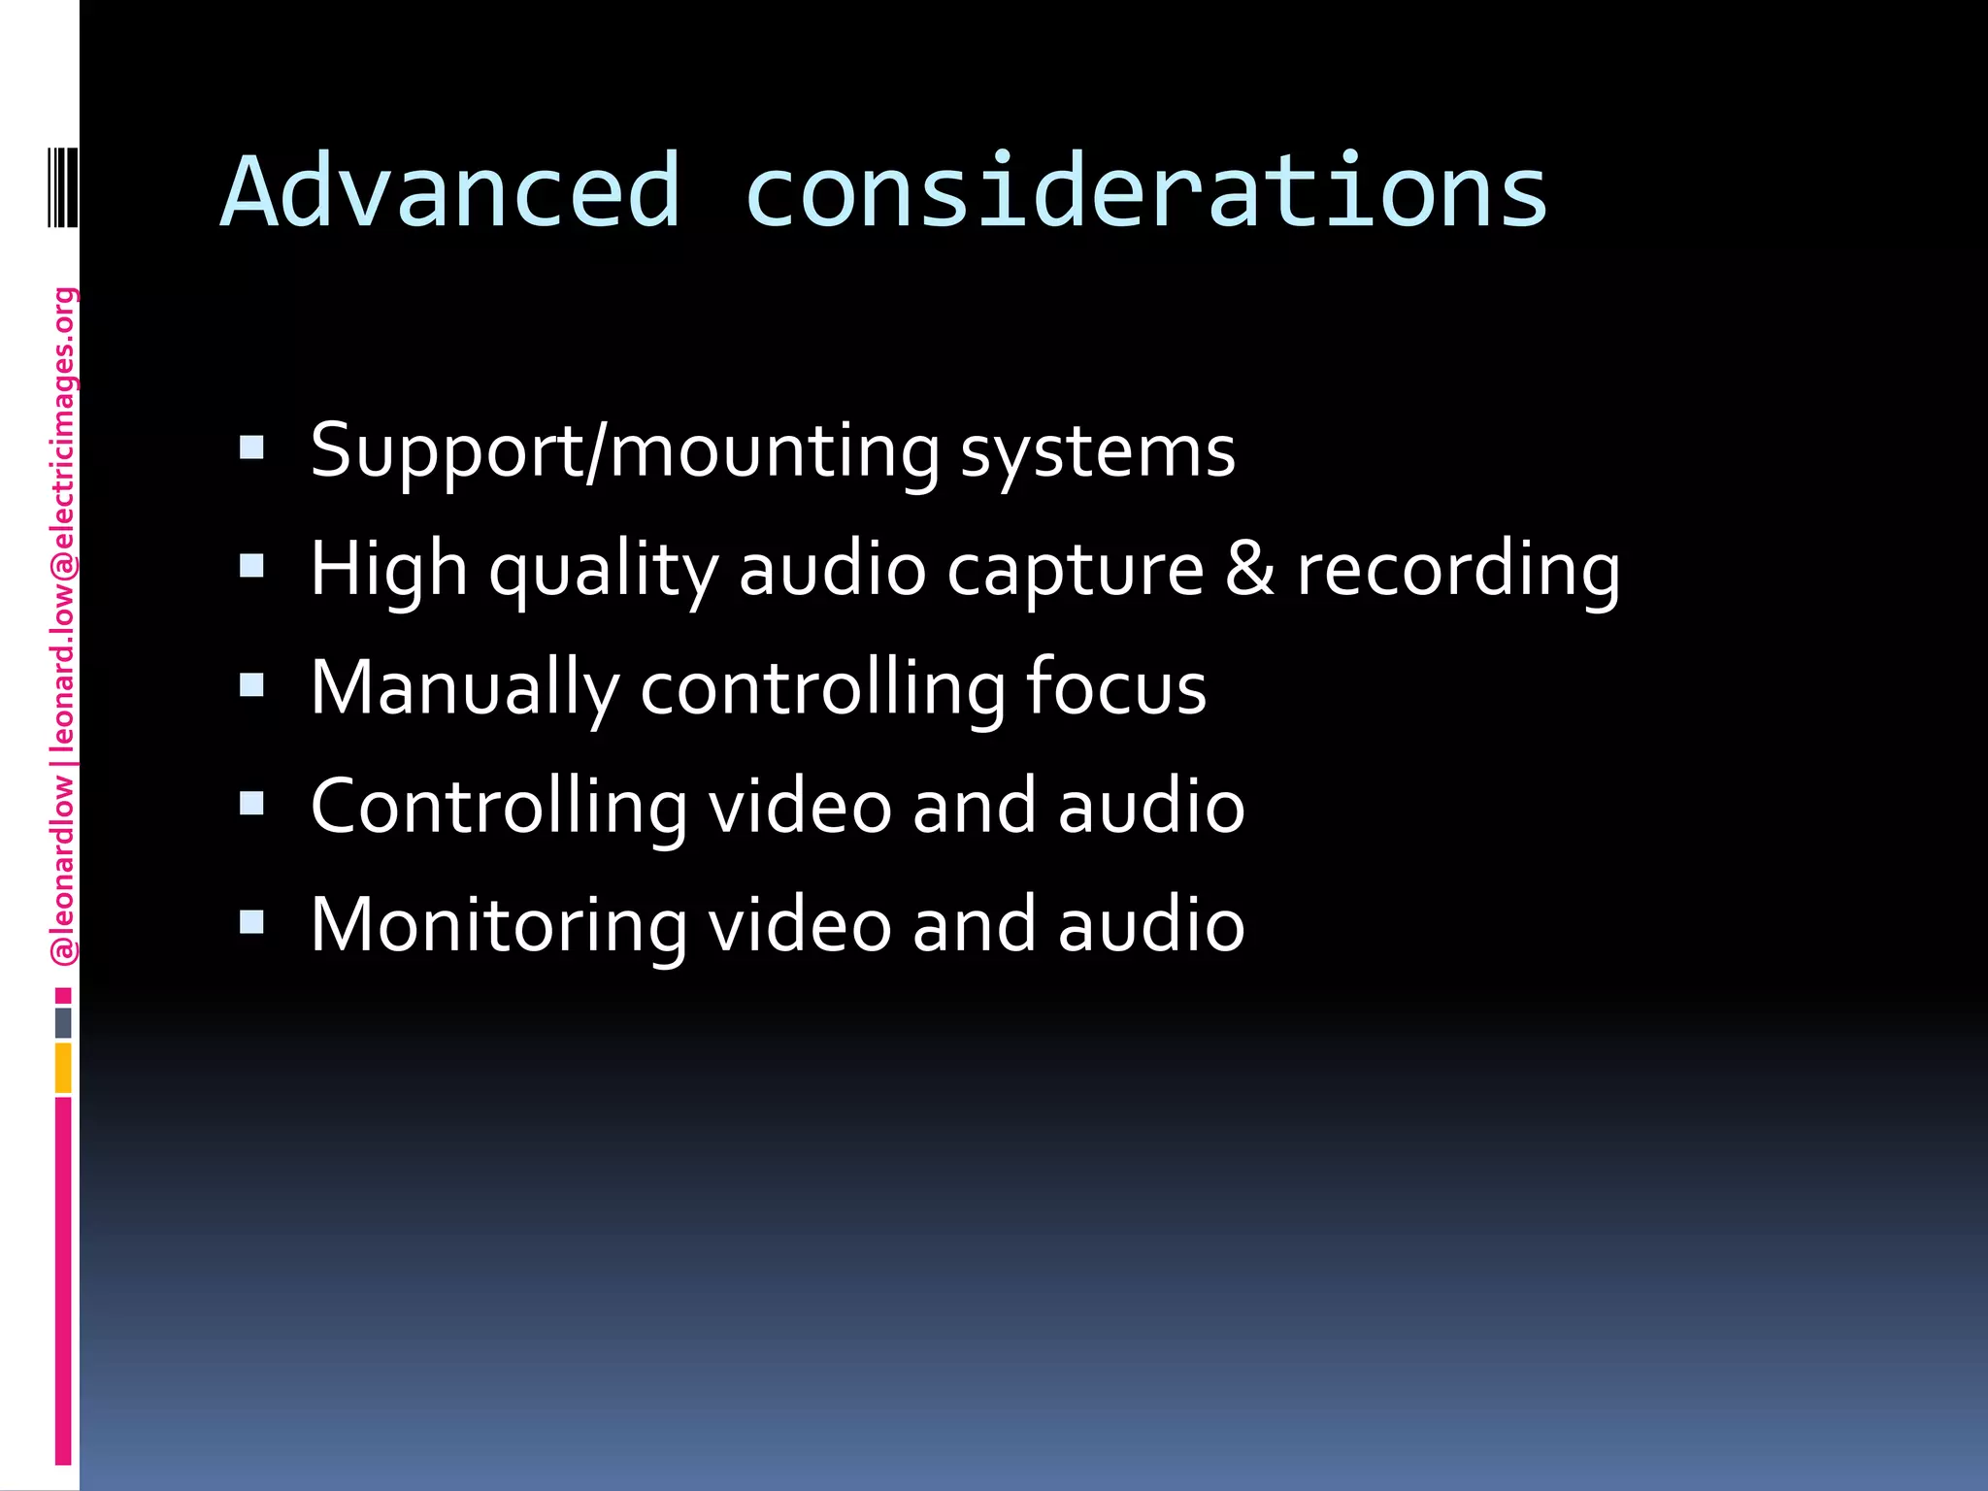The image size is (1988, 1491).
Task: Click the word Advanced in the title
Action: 450,192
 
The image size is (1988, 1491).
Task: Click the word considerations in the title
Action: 1145,192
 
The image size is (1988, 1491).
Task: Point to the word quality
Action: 603,572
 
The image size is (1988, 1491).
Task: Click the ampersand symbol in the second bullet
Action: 1249,569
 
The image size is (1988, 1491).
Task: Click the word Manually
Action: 464,689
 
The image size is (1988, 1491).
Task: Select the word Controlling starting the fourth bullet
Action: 499,807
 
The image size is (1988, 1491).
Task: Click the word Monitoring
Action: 499,926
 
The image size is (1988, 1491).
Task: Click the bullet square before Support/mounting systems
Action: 251,447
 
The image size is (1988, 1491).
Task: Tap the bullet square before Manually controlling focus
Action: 251,685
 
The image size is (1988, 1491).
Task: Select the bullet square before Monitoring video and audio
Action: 251,921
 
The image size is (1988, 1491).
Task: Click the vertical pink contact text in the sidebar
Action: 63,626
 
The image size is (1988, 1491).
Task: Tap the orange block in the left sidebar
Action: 63,1068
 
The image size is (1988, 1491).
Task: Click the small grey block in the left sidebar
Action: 63,1022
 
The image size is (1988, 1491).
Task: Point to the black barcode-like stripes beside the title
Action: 63,186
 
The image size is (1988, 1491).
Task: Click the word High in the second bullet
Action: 388,571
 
